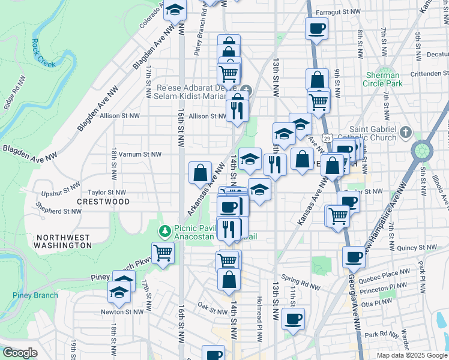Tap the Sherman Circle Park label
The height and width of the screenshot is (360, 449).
click(383, 80)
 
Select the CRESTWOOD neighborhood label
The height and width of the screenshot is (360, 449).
click(103, 202)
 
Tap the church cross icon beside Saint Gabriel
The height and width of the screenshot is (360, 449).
click(406, 131)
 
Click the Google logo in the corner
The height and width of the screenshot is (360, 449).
click(20, 353)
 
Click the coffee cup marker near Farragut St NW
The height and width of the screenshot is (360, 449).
click(316, 28)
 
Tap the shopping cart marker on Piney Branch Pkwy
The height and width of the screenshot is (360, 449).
click(163, 253)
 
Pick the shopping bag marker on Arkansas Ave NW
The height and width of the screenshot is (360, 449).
click(200, 173)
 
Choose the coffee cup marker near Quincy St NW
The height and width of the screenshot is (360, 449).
click(354, 257)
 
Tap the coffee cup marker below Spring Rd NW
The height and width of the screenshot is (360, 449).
click(293, 319)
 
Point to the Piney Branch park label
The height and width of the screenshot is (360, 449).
click(35, 295)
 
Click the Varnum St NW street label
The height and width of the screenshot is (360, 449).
click(140, 154)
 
